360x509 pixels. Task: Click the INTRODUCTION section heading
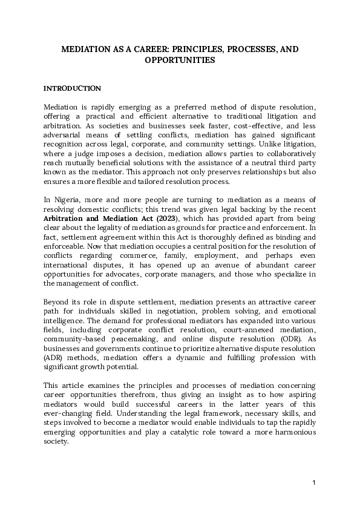(x=72, y=88)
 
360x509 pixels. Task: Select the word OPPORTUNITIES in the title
(x=180, y=61)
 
